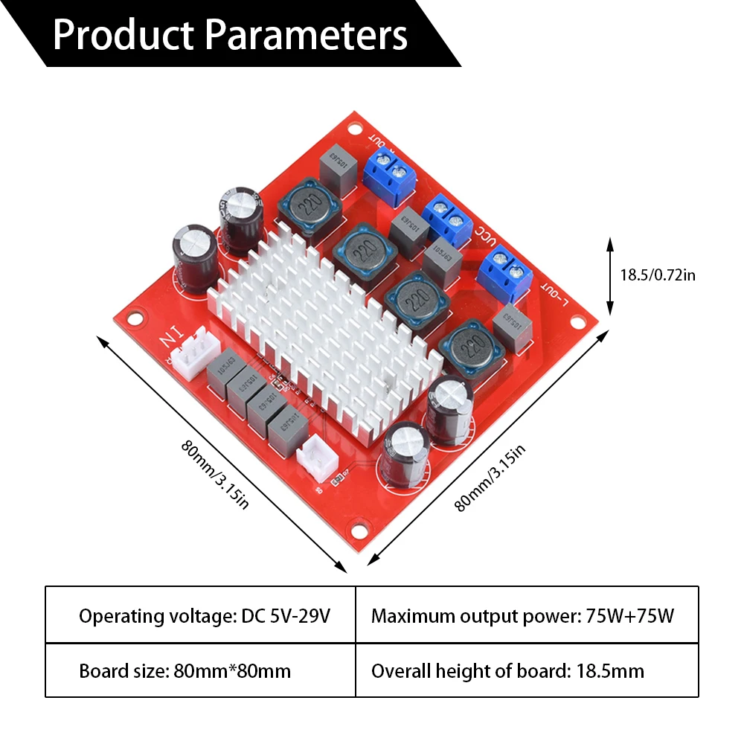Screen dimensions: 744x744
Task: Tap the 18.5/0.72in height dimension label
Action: pos(658,275)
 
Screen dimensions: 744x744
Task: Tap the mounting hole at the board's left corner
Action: pos(134,319)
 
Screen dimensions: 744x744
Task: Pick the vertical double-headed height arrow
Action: pos(610,275)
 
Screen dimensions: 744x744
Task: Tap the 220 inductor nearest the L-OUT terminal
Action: pos(468,348)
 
